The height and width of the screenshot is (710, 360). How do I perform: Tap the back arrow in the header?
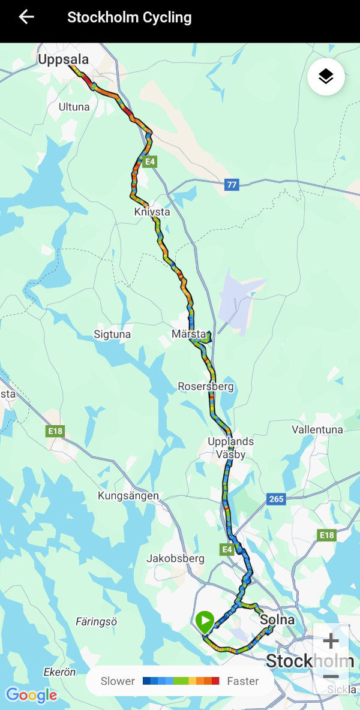[x=26, y=17]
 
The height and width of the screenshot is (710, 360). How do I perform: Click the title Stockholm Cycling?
[x=129, y=17]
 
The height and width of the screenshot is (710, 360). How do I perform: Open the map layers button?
[x=326, y=77]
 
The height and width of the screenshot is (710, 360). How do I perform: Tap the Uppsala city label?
[x=63, y=59]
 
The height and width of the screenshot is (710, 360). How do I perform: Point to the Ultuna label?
[x=74, y=107]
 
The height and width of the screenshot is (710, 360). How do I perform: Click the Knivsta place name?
[x=152, y=212]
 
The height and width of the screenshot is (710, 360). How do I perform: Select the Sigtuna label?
[x=112, y=334]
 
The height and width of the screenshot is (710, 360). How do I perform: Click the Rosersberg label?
[x=206, y=387]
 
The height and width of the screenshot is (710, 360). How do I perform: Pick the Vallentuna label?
[x=317, y=430]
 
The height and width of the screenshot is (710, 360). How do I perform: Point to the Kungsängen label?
[x=128, y=496]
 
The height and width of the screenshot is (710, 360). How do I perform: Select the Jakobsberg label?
[x=175, y=558]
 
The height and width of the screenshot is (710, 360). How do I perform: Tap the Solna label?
[x=278, y=619]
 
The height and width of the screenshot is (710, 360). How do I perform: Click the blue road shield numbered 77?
[x=232, y=185]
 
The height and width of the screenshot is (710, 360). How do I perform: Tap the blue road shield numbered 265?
[x=276, y=499]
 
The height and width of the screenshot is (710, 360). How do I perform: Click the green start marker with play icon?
[x=205, y=621]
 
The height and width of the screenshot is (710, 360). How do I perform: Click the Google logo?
[x=32, y=695]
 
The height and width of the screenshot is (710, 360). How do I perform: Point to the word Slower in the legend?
[x=118, y=681]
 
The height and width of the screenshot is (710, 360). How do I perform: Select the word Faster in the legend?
[x=243, y=681]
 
